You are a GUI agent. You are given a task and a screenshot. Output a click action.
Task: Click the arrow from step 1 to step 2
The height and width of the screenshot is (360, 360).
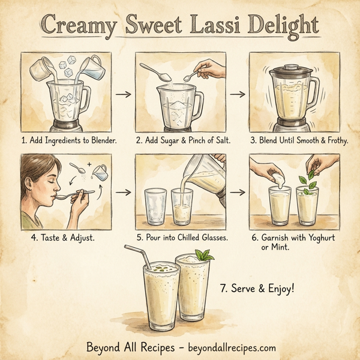122,94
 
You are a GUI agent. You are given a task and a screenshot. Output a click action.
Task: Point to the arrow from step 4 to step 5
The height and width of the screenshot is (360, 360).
122,193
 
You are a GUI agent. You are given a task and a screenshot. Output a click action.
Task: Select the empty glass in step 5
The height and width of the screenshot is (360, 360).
157,207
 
